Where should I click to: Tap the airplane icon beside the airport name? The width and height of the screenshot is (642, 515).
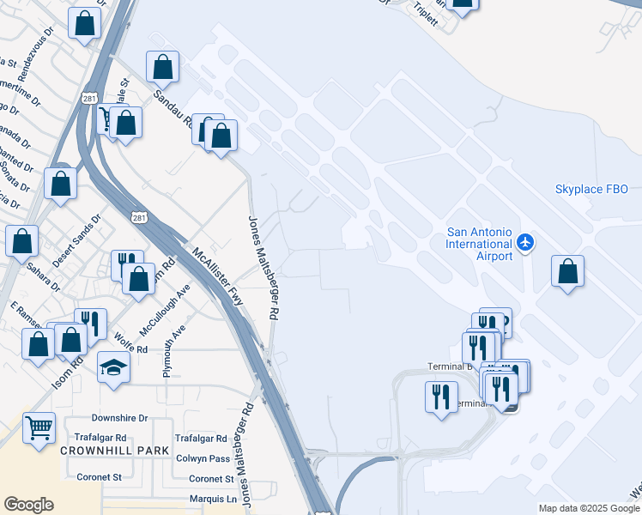click(x=526, y=244)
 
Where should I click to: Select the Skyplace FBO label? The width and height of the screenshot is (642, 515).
click(x=591, y=189)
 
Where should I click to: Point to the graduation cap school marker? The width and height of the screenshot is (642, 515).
click(x=113, y=368)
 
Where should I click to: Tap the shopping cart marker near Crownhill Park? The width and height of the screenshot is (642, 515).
click(x=39, y=427)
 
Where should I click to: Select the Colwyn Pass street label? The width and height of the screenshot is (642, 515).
click(x=203, y=458)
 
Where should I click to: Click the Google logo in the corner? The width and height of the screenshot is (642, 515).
click(x=28, y=505)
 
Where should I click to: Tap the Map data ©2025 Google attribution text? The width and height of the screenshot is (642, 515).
click(x=589, y=508)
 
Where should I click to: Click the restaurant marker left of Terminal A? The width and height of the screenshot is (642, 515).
click(x=441, y=397)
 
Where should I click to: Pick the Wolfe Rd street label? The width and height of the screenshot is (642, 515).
click(x=130, y=348)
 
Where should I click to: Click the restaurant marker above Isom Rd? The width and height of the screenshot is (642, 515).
click(x=90, y=324)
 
